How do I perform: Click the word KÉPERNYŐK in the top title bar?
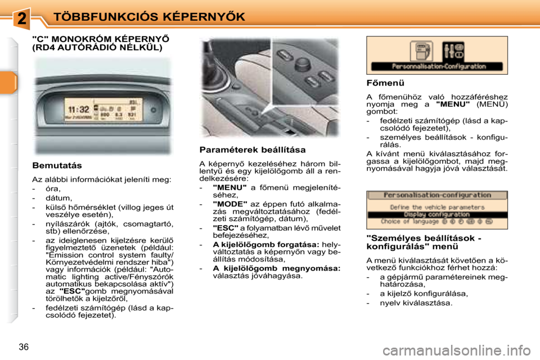click(x=195, y=16)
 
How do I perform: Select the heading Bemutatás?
click(x=57, y=165)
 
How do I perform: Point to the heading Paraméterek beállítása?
click(x=253, y=150)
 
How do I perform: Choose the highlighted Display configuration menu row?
click(x=436, y=214)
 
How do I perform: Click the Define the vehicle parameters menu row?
click(x=436, y=207)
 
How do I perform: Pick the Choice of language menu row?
click(x=436, y=222)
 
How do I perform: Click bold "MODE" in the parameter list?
click(x=230, y=204)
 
